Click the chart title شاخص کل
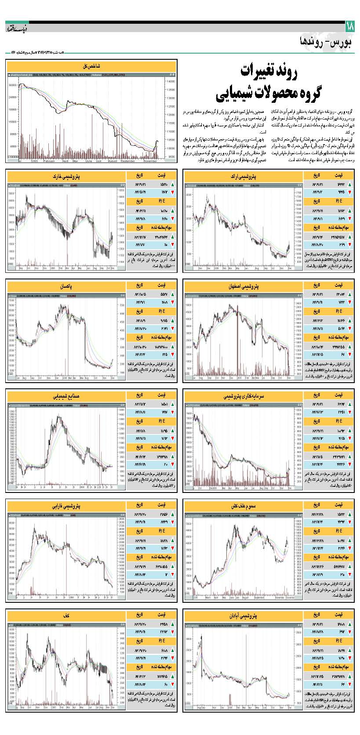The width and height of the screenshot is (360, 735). (92, 66)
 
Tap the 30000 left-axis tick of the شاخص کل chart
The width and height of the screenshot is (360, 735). (12, 85)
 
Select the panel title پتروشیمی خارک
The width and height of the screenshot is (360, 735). (67, 176)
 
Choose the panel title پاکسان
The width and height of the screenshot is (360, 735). (67, 286)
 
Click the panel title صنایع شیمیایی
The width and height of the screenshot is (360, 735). (67, 396)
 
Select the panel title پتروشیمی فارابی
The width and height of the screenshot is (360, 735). (67, 506)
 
